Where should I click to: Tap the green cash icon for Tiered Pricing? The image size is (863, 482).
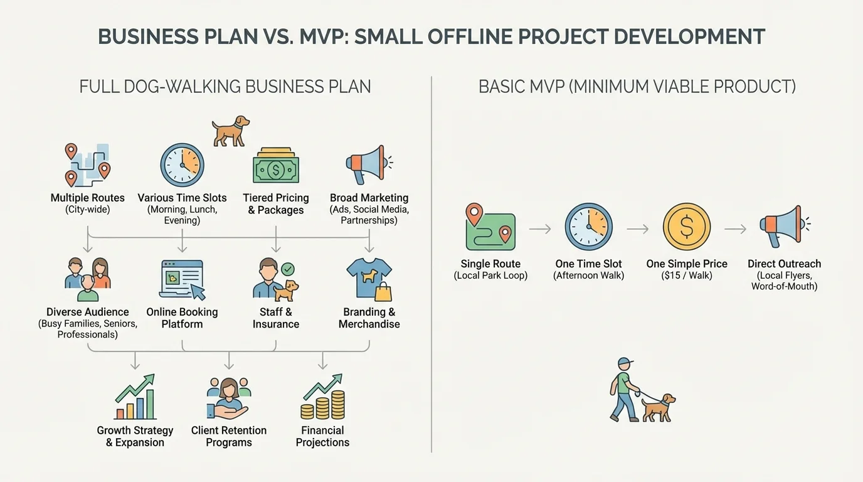[x=276, y=166]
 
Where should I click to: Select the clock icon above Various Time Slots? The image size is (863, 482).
[x=182, y=165]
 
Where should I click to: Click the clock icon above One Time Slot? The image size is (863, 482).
[x=588, y=227]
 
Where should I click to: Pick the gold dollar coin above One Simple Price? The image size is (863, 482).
[x=687, y=227]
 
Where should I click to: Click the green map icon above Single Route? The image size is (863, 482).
[x=490, y=227]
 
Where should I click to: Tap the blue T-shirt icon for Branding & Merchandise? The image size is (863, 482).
[x=369, y=279]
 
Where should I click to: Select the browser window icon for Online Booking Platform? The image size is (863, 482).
[x=182, y=279]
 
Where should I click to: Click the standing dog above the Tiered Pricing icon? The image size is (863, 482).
[x=230, y=131]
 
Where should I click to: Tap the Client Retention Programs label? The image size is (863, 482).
[x=229, y=436]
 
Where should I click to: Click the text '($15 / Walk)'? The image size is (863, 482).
[x=687, y=275]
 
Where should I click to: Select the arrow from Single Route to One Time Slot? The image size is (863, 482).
[x=539, y=229]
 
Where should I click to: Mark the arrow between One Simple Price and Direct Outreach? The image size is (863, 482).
[x=735, y=229]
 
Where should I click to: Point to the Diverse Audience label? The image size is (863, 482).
[x=88, y=312]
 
